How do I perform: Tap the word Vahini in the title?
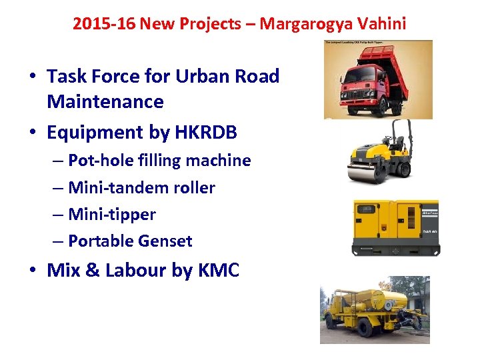(x=381, y=24)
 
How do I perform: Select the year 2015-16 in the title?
(x=103, y=24)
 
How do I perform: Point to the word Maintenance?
(x=105, y=102)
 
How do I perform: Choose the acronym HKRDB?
(x=206, y=133)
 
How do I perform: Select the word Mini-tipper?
(x=111, y=215)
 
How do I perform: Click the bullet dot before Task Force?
(x=32, y=77)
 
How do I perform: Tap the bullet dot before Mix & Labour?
(x=32, y=271)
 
